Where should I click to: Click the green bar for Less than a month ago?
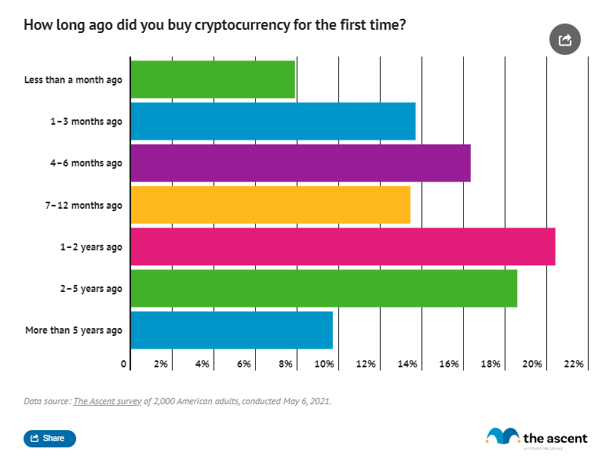[212, 79]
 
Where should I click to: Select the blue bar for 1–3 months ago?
[272, 122]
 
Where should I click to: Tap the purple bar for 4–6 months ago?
[300, 163]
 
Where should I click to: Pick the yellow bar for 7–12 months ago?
[270, 205]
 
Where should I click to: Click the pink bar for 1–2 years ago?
[342, 246]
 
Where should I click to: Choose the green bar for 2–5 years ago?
[323, 288]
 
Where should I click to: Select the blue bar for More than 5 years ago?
[232, 330]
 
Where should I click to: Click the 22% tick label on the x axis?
[573, 364]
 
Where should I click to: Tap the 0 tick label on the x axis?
[124, 364]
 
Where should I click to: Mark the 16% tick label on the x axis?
[449, 364]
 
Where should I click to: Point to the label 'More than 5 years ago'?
[74, 330]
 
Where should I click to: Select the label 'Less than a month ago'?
[73, 80]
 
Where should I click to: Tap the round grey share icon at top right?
[564, 39]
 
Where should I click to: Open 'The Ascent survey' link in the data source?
[108, 401]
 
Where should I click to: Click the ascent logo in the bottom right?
[536, 438]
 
